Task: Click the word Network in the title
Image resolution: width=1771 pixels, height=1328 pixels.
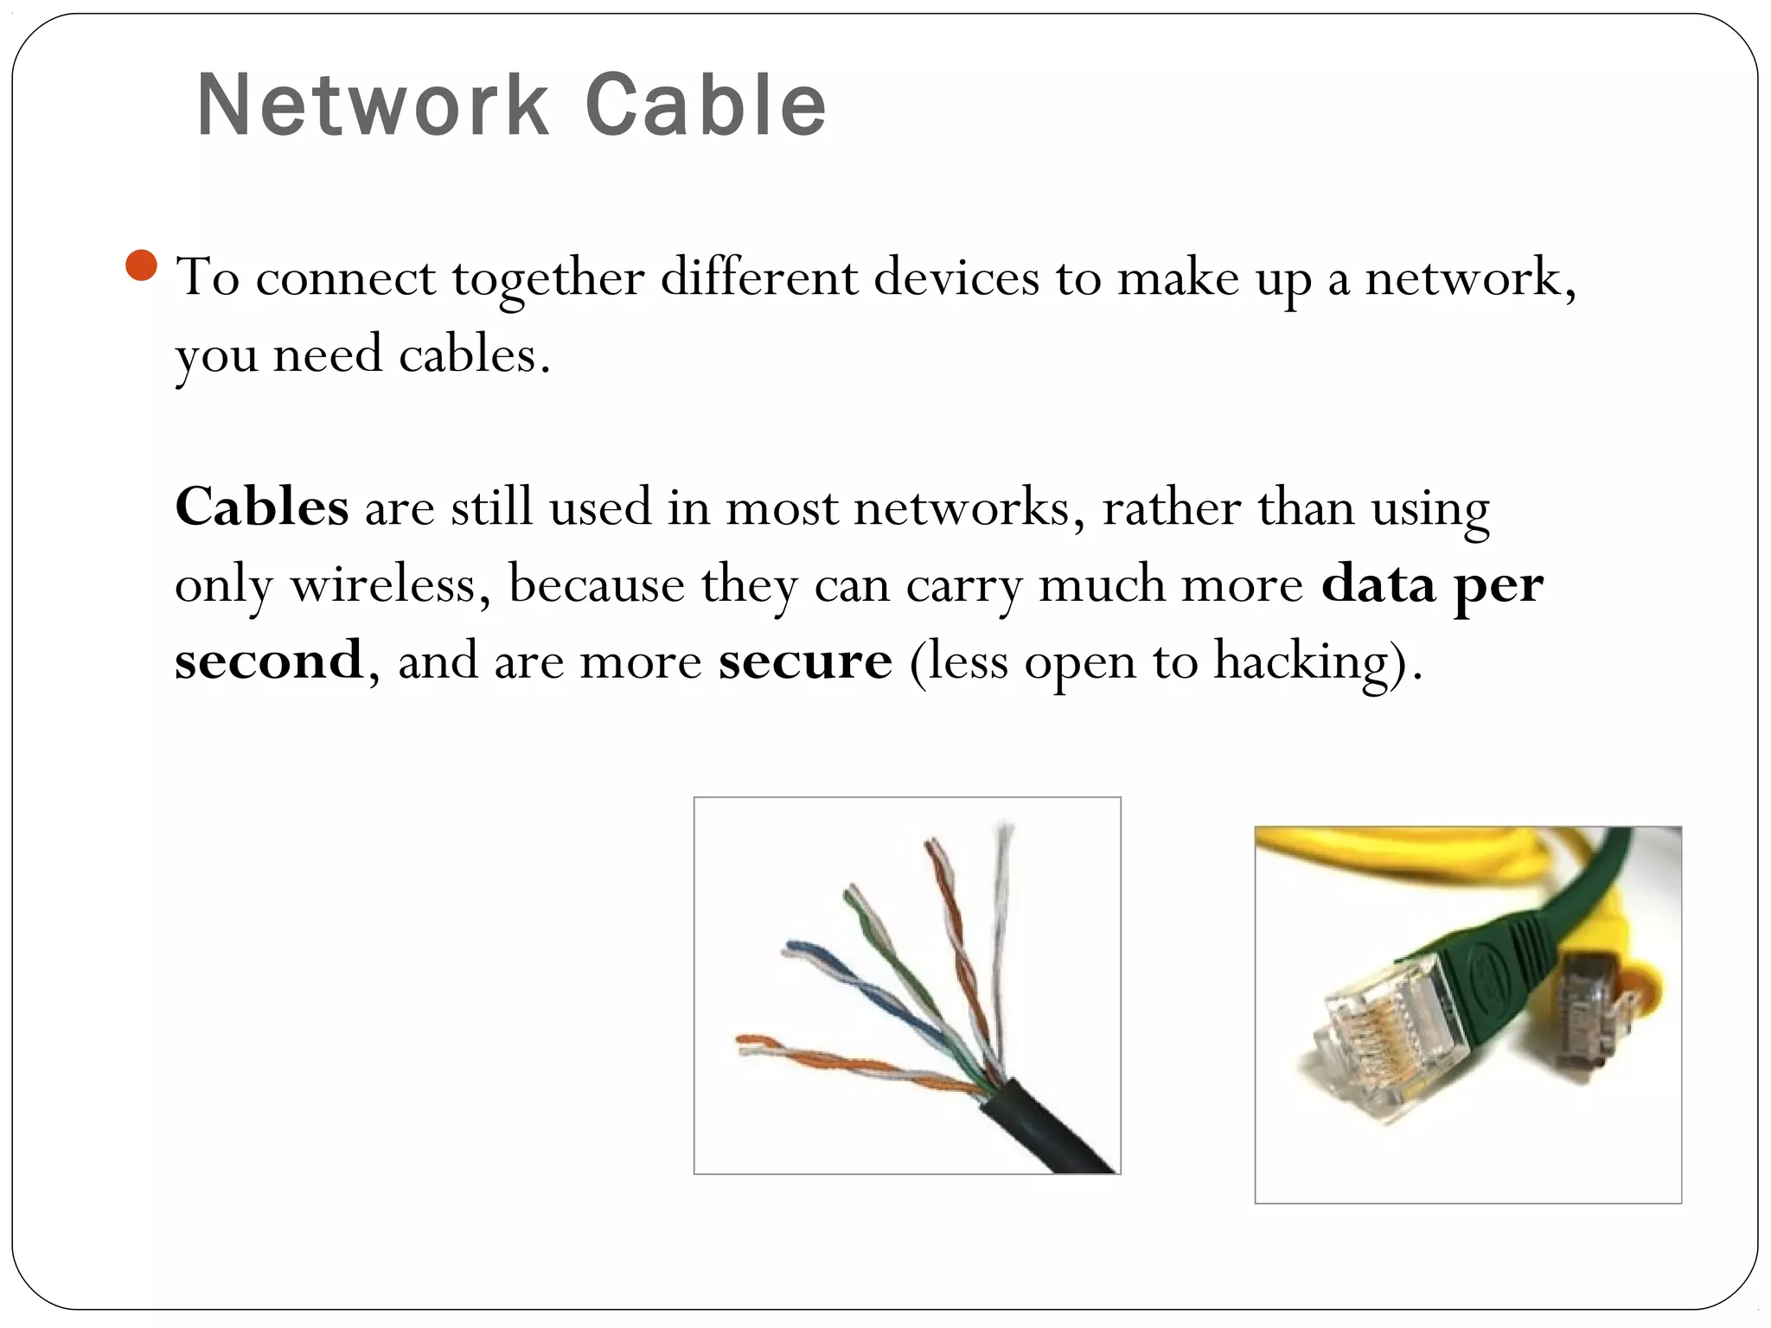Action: pos(373,105)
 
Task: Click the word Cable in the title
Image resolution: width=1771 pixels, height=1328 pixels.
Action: pos(706,105)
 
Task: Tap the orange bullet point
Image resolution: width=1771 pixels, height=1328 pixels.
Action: pos(141,265)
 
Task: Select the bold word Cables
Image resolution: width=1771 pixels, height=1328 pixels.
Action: pos(262,507)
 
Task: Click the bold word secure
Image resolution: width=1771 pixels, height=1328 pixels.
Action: pos(805,661)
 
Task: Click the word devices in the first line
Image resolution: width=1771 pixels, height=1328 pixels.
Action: pos(956,278)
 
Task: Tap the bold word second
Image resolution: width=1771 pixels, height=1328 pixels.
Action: pos(269,661)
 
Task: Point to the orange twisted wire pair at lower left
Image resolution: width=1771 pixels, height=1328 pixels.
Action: pos(830,1062)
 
